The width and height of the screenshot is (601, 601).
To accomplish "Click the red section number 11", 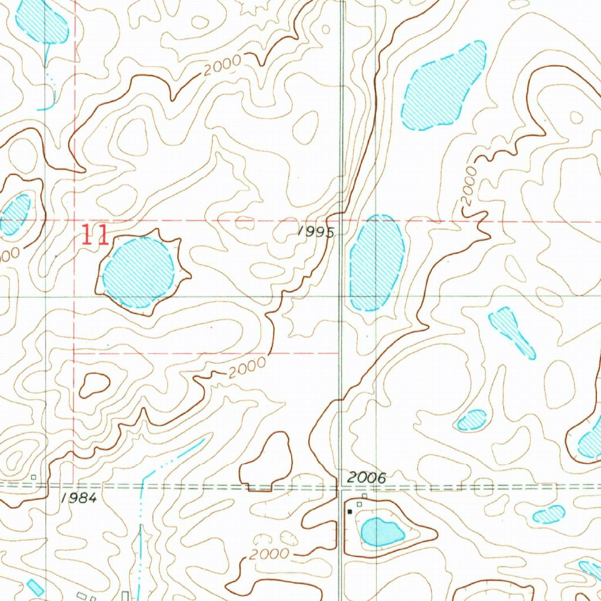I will pos(95,235).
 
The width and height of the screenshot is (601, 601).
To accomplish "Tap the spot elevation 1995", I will pos(316,232).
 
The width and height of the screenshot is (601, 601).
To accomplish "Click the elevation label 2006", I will pos(366,478).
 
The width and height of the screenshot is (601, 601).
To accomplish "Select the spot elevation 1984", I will pos(78,498).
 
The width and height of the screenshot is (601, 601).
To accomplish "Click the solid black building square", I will pos(350,511).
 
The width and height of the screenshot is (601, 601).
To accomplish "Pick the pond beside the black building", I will pos(381,531).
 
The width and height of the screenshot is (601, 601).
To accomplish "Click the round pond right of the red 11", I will pos(139,272).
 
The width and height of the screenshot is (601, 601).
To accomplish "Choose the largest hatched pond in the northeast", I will pos(444,86).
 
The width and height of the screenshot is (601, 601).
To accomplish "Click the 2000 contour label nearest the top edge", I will pos(223,65).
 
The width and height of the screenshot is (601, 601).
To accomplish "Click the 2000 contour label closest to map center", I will pos(247,369).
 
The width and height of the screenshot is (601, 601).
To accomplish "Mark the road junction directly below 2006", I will pos(342,487).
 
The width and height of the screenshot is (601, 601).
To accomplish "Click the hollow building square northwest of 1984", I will pos(34,477).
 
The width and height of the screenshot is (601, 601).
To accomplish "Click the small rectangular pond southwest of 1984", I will pos(35,587).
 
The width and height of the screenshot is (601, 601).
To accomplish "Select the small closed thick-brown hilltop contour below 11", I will pos(94,384).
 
